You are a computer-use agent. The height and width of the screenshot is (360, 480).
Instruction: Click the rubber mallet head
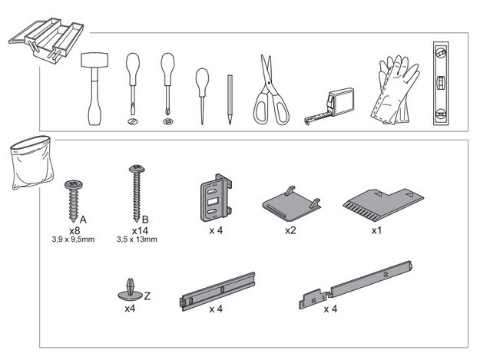tap(94, 60)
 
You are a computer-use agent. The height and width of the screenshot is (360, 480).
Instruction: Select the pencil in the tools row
tap(230, 100)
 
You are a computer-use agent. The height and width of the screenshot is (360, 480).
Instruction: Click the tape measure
tap(330, 106)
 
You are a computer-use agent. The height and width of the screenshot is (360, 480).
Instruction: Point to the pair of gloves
tap(395, 91)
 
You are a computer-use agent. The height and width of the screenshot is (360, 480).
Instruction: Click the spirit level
tap(441, 84)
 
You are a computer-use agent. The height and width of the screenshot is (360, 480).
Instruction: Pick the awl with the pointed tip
tap(202, 96)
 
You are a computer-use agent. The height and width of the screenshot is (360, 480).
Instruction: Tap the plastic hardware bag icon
tap(31, 163)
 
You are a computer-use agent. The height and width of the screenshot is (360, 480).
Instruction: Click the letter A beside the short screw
tap(83, 220)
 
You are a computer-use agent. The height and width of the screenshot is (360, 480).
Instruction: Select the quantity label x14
tap(140, 230)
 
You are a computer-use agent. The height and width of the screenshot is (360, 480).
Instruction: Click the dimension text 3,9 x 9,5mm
tap(73, 239)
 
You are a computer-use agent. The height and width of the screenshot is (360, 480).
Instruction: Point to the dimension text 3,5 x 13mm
tap(137, 239)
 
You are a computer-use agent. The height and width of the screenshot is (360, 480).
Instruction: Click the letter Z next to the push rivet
tap(147, 296)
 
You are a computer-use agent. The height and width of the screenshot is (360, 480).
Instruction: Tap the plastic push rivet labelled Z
tap(130, 291)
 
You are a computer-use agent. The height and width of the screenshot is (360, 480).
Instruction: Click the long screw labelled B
tap(137, 193)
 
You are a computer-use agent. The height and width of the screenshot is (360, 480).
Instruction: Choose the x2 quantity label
tap(290, 230)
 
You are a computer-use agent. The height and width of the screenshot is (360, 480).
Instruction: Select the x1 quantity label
tap(376, 230)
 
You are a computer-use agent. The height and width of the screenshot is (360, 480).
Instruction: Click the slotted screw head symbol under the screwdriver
tap(133, 121)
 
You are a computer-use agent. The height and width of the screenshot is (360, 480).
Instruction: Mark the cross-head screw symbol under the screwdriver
tap(167, 121)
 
